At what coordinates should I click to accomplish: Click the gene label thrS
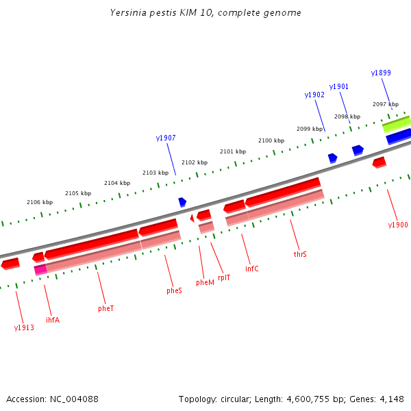click(x=300, y=254)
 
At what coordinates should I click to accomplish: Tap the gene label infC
click(x=252, y=269)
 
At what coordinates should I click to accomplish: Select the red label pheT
click(x=105, y=308)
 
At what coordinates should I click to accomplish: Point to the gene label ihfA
click(x=52, y=319)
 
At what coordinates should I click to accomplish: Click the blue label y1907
click(x=166, y=138)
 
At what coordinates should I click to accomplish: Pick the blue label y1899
click(x=381, y=73)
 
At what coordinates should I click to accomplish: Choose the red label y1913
click(x=24, y=327)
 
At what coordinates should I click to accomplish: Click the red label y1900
click(x=397, y=225)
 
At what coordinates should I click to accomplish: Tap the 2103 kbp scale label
click(x=155, y=173)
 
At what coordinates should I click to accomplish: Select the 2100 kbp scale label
click(x=271, y=140)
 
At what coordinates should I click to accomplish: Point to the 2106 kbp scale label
click(x=40, y=202)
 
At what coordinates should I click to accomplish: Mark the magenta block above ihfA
click(x=40, y=270)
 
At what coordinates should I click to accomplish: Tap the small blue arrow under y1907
click(x=182, y=202)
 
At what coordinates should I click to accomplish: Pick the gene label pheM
click(x=205, y=282)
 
